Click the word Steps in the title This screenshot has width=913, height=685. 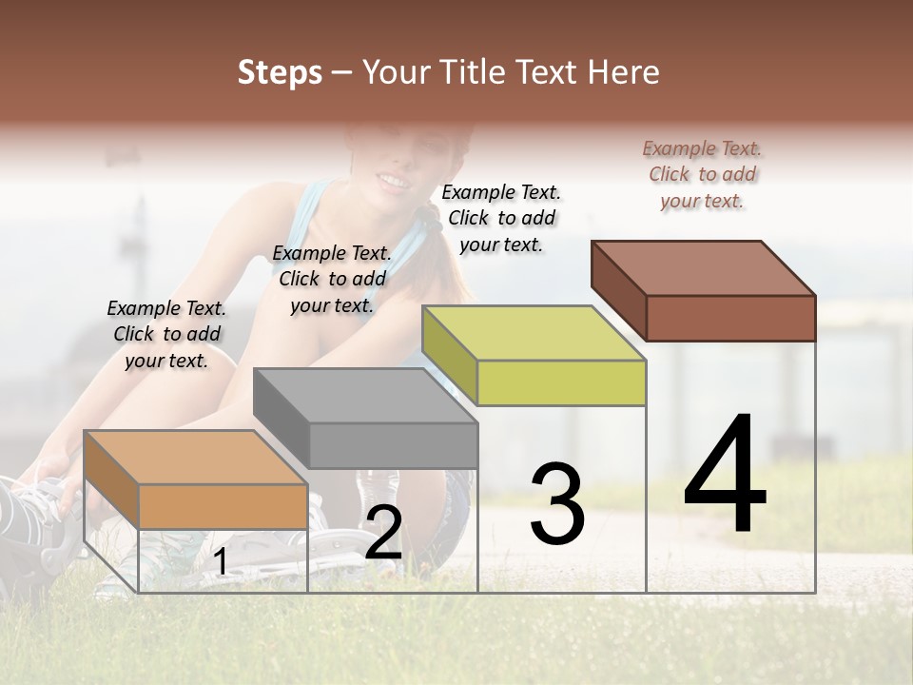(280, 73)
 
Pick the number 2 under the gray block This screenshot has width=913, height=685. (383, 533)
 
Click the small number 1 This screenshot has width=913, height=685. (221, 561)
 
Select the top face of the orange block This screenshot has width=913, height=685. (196, 458)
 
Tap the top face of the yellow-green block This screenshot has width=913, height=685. (534, 333)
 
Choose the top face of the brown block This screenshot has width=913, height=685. (704, 268)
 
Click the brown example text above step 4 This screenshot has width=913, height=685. (702, 174)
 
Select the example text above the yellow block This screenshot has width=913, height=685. (501, 218)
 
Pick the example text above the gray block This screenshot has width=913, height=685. (332, 279)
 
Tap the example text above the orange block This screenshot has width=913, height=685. (166, 334)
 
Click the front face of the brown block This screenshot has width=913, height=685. (730, 318)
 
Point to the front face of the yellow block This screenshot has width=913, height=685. (561, 382)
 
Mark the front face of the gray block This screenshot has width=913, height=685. (393, 445)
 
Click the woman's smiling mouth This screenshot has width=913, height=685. (391, 179)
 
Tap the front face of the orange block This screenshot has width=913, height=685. (223, 506)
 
